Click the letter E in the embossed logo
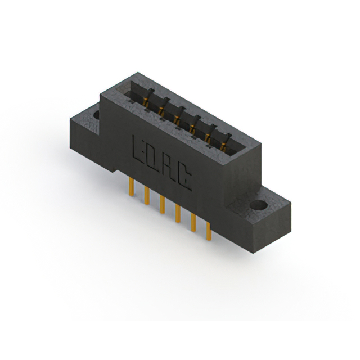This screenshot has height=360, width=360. [x=138, y=148]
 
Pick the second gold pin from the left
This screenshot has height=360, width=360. [x=147, y=195]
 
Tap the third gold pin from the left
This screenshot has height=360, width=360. [x=163, y=204]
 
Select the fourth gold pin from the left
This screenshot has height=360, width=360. [x=178, y=213]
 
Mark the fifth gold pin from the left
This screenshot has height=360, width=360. [x=193, y=222]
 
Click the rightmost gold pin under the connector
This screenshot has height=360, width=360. [x=209, y=231]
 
